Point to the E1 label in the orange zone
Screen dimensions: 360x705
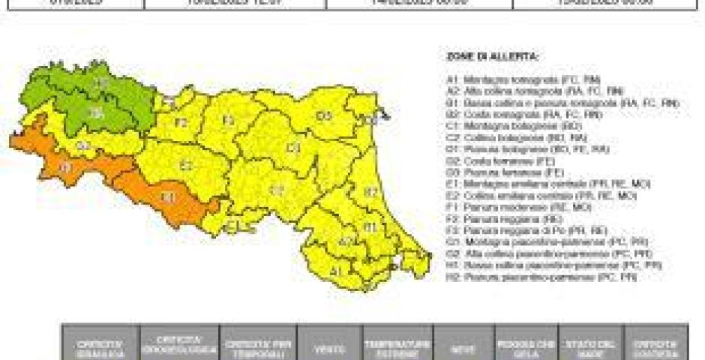click(x=169, y=197)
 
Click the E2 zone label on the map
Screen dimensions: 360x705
click(x=186, y=165)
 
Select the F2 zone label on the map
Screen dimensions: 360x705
click(x=181, y=121)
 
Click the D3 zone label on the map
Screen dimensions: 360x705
click(x=324, y=115)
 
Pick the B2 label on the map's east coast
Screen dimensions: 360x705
click(x=370, y=193)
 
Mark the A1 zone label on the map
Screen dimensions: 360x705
click(x=337, y=270)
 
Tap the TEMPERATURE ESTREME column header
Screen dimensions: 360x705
click(x=397, y=346)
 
